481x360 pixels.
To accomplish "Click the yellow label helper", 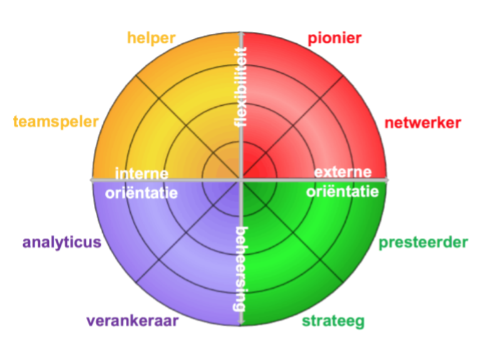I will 151,38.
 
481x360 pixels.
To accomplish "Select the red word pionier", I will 334,39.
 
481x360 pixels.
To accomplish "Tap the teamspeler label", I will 56,121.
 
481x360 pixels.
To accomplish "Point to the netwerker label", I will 423,123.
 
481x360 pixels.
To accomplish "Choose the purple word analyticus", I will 63,242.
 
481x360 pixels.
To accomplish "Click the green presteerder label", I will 423,242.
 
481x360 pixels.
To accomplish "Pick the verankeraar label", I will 133,321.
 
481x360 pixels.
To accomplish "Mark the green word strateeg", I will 333,322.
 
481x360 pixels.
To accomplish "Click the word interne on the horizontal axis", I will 141,172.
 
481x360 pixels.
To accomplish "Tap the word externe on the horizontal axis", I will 343,172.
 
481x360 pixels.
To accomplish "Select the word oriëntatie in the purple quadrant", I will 142,192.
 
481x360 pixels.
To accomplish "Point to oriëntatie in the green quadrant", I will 343,192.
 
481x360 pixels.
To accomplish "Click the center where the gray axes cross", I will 241,180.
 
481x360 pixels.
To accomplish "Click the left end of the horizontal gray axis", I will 93,180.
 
